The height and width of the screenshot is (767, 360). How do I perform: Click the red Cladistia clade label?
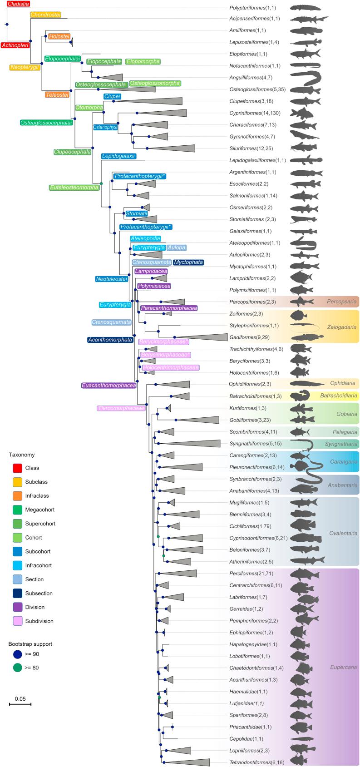click(x=15, y=4)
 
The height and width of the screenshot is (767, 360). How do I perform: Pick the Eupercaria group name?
click(x=344, y=667)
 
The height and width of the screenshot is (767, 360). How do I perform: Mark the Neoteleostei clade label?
click(x=111, y=279)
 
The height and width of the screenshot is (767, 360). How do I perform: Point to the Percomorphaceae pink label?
click(x=121, y=408)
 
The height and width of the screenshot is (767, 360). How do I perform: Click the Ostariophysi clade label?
click(x=105, y=127)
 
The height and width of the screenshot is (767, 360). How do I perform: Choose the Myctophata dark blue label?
click(x=188, y=262)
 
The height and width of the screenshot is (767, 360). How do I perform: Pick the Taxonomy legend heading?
click(x=22, y=455)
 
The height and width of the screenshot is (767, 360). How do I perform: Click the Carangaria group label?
click(x=344, y=462)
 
